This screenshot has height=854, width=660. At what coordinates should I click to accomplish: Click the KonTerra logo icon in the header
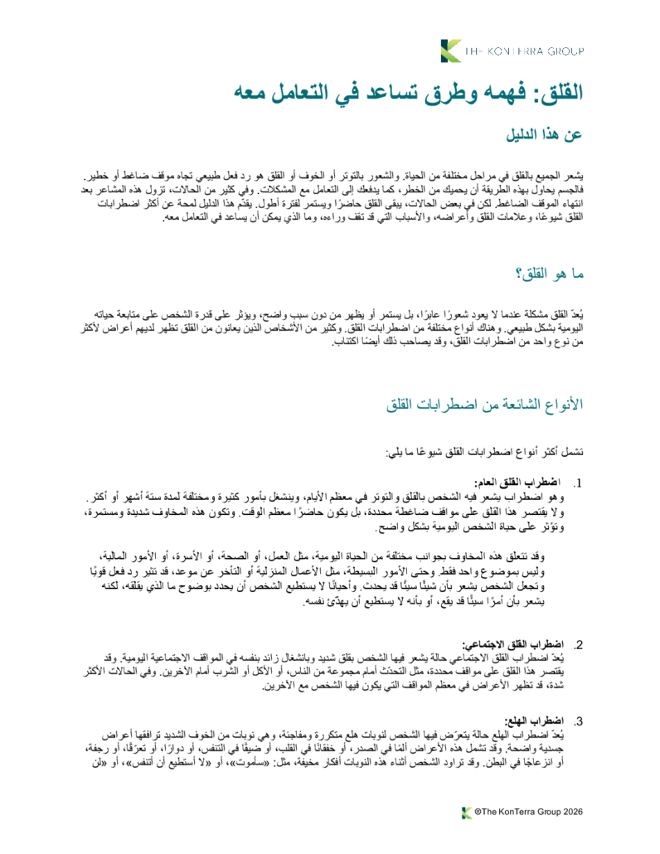tap(451, 50)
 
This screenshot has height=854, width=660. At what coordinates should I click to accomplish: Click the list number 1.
tap(579, 483)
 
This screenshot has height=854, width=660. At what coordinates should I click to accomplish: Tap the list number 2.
tap(579, 644)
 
